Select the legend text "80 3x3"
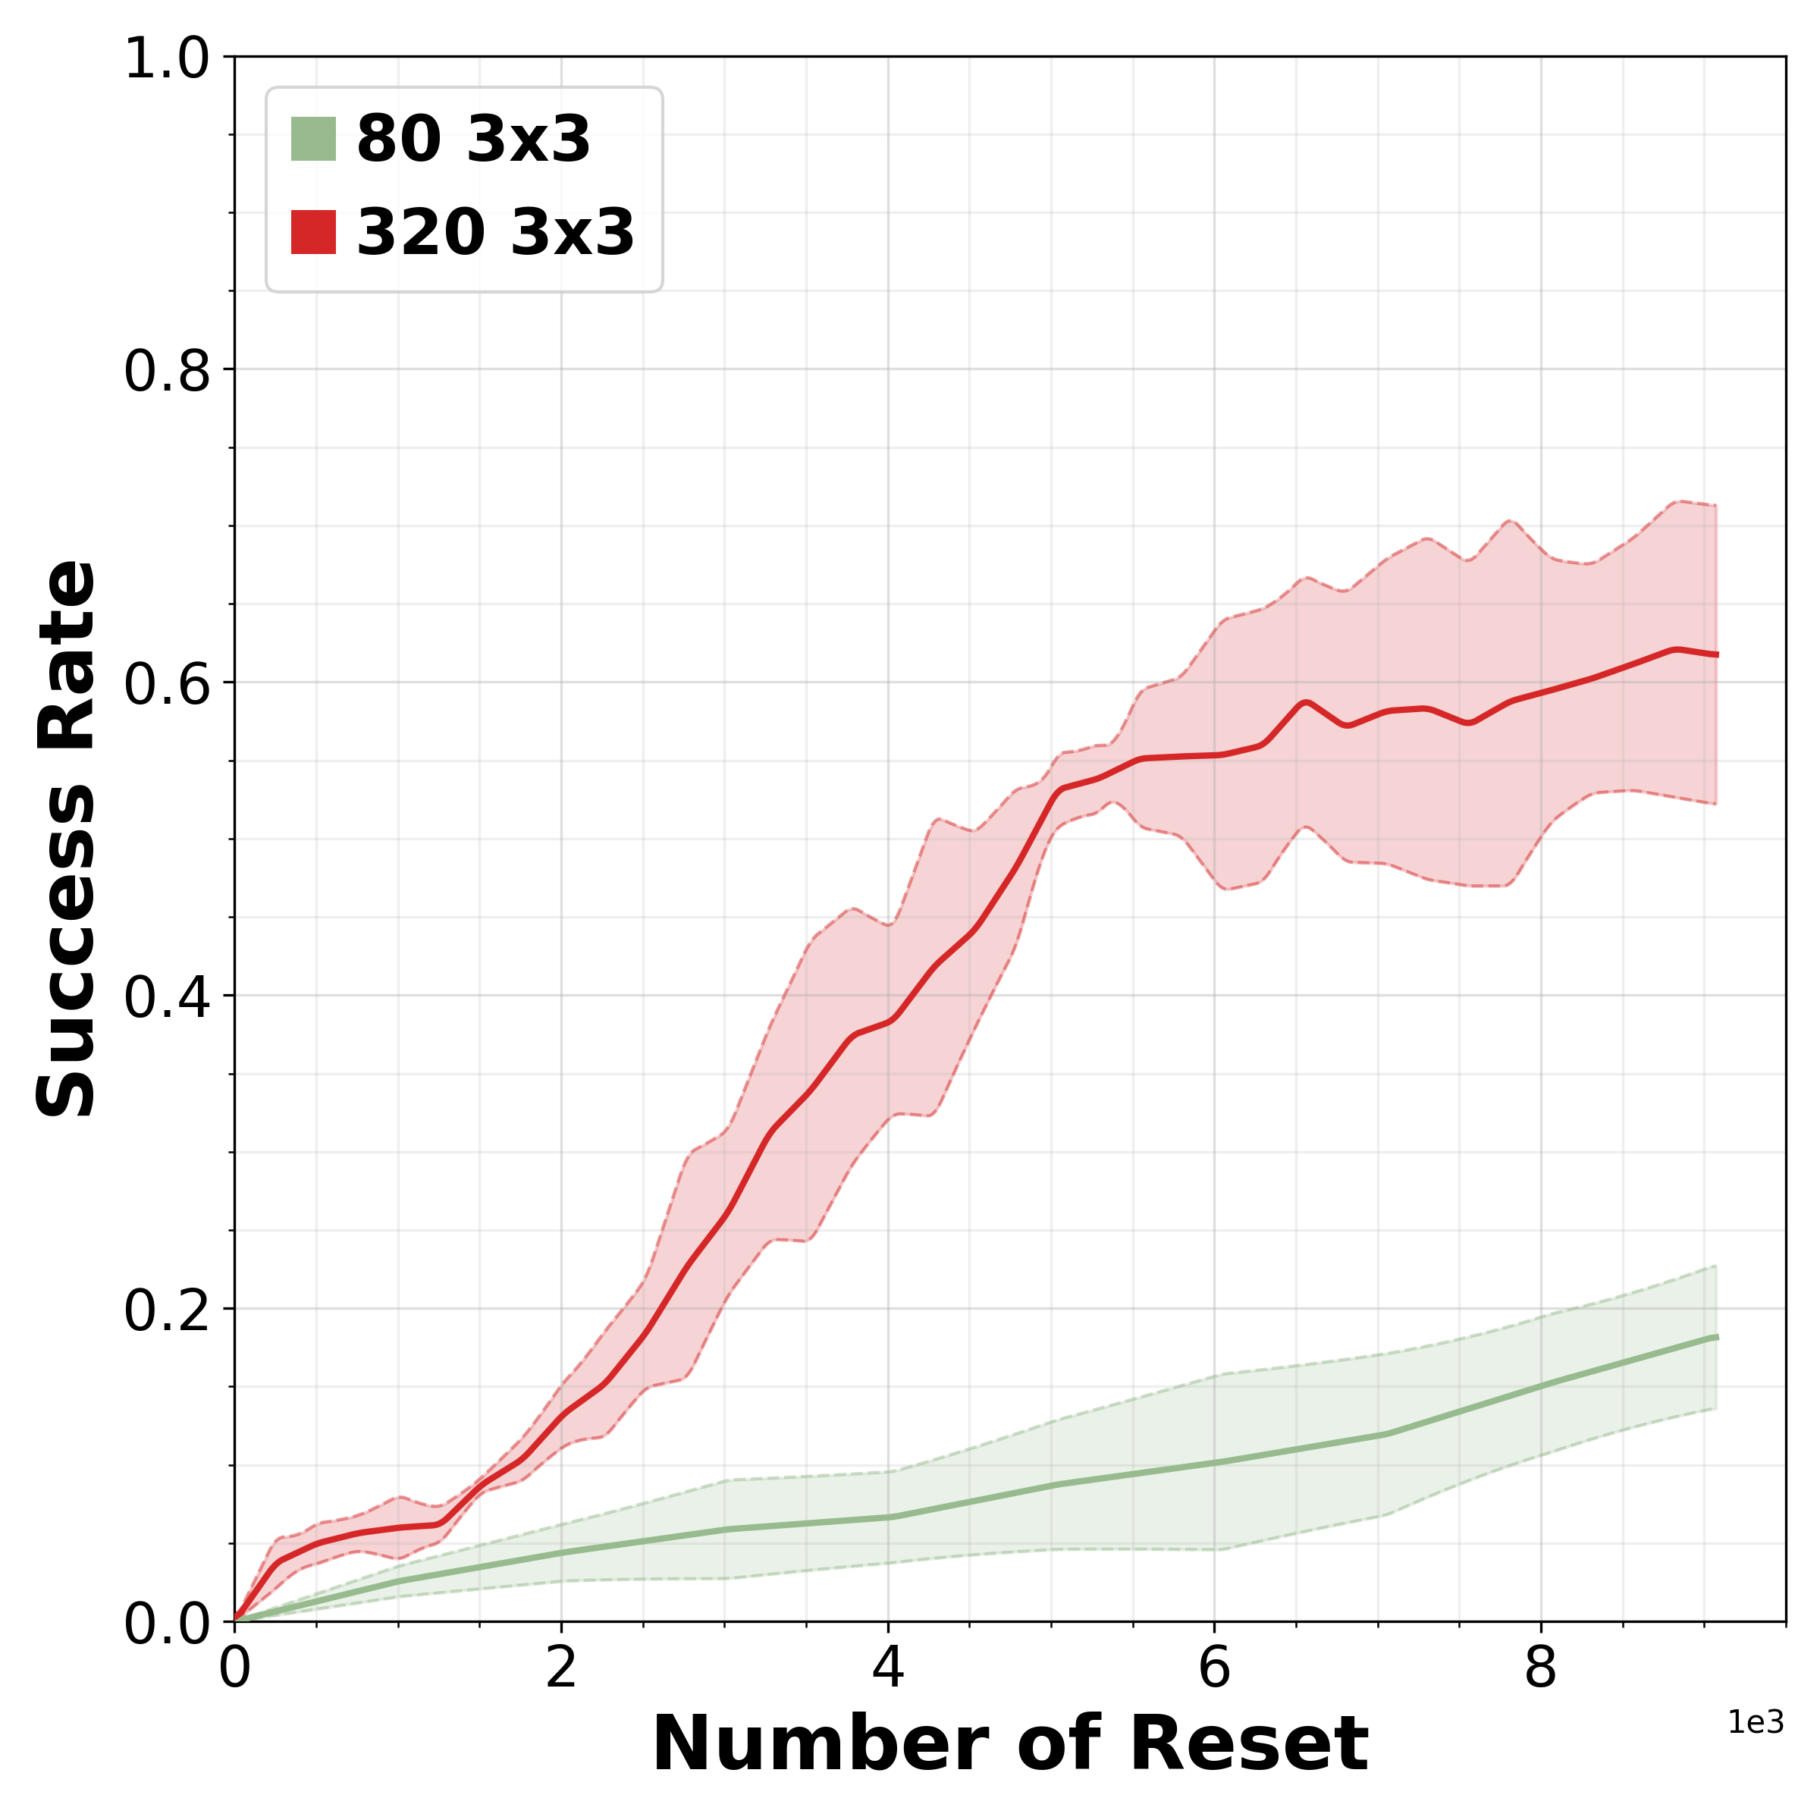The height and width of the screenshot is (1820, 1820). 473,140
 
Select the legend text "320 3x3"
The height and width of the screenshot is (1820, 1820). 494,232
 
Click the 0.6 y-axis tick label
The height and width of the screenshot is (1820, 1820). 167,685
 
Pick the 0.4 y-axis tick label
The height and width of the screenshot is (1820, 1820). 167,998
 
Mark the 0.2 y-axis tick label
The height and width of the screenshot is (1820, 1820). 167,1310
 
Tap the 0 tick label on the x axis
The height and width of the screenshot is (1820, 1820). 234,1668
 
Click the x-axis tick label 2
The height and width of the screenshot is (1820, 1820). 561,1668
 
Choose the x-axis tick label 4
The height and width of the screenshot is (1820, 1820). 887,1668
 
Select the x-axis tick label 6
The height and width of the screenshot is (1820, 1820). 1214,1668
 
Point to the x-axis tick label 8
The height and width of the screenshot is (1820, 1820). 1540,1668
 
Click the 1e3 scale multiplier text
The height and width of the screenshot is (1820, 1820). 1755,1723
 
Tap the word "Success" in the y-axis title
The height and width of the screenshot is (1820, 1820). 66,952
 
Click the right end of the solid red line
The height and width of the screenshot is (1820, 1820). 1716,654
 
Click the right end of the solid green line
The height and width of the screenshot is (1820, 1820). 1716,1338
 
